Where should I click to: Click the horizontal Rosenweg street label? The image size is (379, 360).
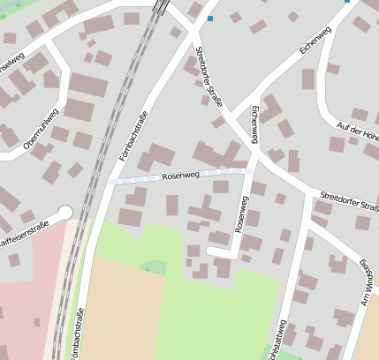[181, 176]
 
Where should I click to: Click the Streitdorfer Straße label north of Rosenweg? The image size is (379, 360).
[209, 79]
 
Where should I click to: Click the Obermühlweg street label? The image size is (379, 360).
[42, 130]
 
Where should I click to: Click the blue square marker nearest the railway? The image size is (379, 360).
[210, 18]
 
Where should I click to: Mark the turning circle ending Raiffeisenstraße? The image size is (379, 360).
[64, 213]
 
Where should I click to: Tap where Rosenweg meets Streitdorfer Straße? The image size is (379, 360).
[254, 169]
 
